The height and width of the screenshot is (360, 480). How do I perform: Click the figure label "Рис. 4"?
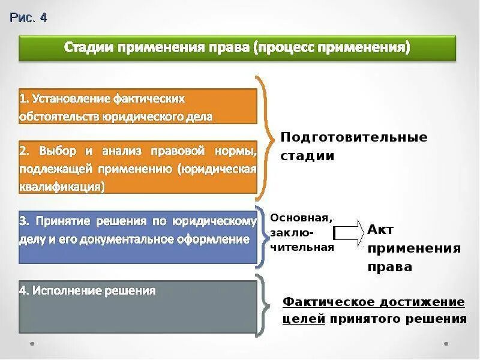click(x=28, y=17)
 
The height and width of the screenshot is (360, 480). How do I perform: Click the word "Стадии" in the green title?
click(x=88, y=47)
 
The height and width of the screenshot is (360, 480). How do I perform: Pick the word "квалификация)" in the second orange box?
click(x=62, y=186)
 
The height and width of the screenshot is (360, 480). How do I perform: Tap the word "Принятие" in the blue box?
click(x=61, y=221)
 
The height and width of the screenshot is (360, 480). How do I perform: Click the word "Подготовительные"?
click(x=354, y=137)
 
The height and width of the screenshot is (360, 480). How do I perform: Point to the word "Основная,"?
click(x=301, y=217)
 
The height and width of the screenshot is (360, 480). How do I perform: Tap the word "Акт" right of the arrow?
click(x=380, y=229)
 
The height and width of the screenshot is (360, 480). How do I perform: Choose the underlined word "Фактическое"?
click(x=326, y=301)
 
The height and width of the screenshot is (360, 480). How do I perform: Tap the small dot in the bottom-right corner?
click(x=446, y=344)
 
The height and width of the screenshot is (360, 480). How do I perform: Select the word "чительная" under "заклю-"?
click(x=302, y=247)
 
